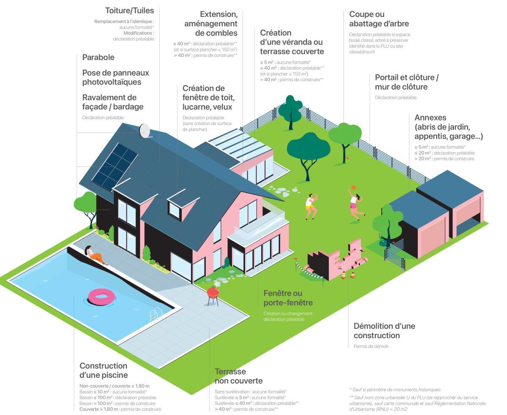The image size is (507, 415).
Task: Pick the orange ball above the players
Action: pos(353,188)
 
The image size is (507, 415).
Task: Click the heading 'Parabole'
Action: pos(98,57)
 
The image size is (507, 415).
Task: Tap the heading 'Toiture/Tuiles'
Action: pos(130,10)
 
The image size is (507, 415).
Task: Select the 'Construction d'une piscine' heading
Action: pos(104,370)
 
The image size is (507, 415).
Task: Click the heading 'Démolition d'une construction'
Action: pos(384,331)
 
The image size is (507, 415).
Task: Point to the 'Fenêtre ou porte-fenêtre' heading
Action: pos(288,298)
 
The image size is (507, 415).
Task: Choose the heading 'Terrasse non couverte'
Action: pos(239,376)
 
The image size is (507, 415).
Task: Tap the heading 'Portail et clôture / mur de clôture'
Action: pos(406,82)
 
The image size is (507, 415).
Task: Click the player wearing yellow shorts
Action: pos(311,206)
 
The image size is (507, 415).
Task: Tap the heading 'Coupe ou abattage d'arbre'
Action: pos(379,19)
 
